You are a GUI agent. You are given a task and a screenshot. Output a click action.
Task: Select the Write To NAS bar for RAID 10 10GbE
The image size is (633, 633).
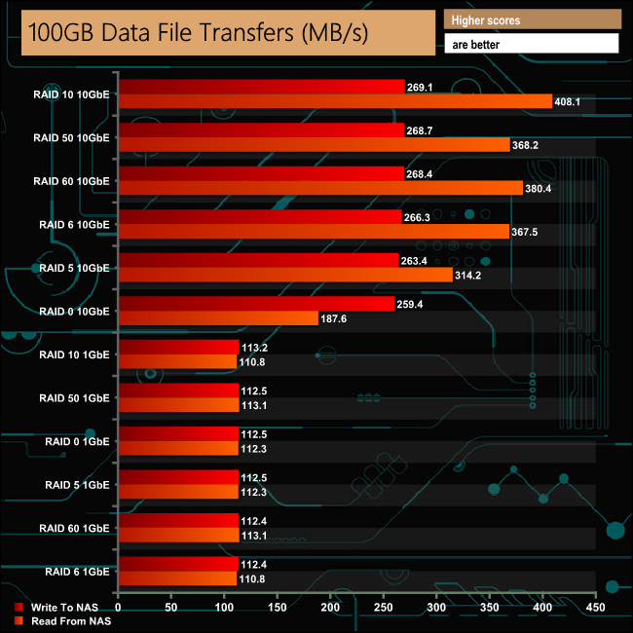(x=261, y=87)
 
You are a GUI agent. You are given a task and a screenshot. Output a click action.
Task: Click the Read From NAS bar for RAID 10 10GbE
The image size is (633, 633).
(x=335, y=101)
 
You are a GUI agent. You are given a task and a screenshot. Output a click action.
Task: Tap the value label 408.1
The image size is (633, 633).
(x=570, y=101)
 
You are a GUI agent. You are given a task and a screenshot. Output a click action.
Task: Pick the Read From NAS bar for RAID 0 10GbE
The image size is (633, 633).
(x=218, y=318)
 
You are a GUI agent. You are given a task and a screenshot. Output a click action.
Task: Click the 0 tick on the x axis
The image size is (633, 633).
(x=118, y=607)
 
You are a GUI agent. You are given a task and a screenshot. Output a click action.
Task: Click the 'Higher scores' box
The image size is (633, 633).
(x=531, y=19)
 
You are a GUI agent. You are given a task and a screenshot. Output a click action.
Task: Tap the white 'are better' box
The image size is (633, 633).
(x=531, y=44)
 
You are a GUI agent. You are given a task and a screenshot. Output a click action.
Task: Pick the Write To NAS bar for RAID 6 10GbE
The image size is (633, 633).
(x=259, y=217)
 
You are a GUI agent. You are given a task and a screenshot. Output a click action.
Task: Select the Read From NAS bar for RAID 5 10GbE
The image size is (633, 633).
(x=285, y=275)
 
